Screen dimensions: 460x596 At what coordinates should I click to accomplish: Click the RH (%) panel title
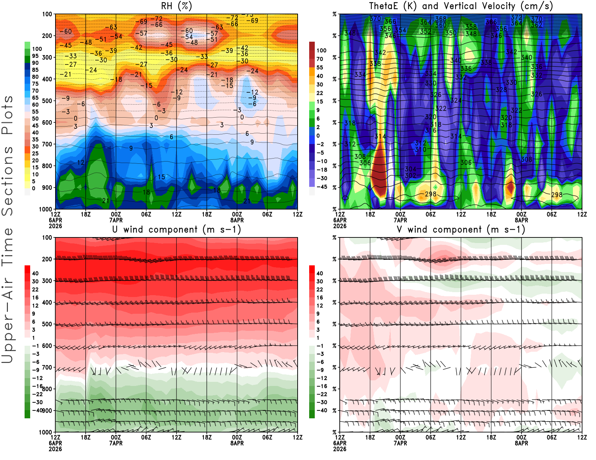click(176, 6)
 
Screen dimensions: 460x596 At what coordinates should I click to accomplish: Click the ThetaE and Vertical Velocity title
click(461, 6)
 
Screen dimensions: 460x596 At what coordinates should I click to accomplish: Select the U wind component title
click(176, 229)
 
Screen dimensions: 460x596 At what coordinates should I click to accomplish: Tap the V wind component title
click(461, 229)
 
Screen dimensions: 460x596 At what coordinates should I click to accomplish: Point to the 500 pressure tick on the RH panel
click(47, 100)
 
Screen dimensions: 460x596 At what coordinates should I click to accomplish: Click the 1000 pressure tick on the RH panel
click(45, 209)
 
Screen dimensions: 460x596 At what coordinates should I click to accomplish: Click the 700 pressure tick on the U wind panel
click(47, 367)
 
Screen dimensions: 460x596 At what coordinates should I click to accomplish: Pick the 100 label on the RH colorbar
click(37, 49)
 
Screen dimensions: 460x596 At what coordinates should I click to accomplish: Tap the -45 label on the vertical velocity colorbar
click(322, 187)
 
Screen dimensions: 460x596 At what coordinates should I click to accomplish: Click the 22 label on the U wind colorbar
click(35, 289)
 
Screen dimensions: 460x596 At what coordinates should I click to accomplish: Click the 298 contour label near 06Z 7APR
click(431, 194)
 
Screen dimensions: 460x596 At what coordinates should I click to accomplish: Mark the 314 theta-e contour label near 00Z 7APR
click(380, 136)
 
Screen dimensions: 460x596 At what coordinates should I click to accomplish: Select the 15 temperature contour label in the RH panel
click(161, 177)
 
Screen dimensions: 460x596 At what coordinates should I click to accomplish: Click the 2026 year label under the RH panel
click(55, 226)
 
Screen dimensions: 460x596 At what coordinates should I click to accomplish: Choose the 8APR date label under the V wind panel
click(521, 443)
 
